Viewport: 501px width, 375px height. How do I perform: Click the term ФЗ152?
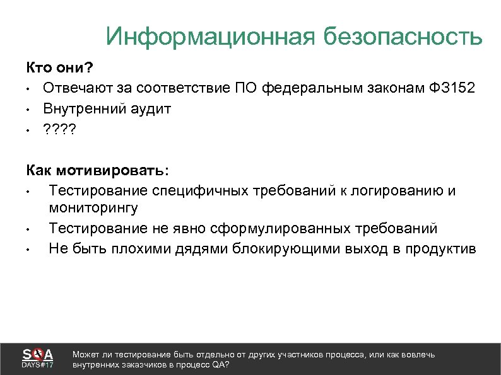[x=451, y=88]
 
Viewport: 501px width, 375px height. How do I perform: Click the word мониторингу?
[x=93, y=207]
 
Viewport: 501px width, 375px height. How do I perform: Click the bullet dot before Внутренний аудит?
[x=29, y=109]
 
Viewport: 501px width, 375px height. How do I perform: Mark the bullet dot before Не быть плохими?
[x=29, y=249]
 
